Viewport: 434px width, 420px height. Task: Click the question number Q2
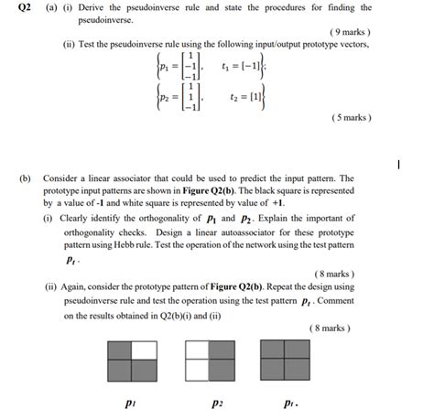[x=16, y=8]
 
